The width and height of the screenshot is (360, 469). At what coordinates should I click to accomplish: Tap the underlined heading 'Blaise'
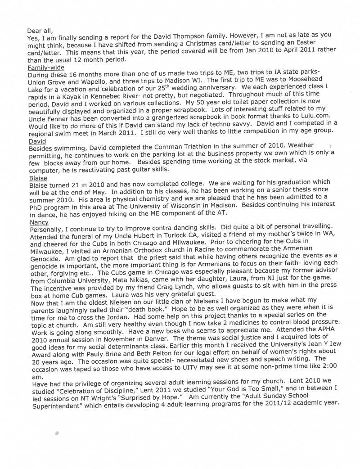point(38,178)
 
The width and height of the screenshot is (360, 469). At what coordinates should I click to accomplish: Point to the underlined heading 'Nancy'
point(39,222)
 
